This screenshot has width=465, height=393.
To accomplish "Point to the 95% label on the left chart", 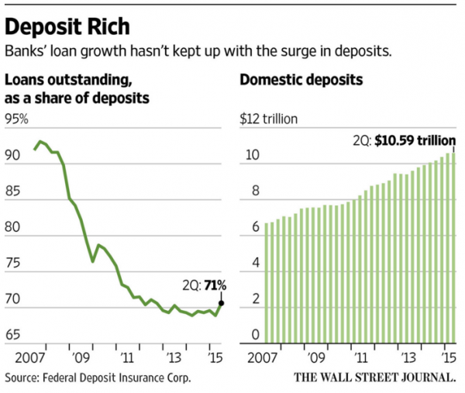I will pyautogui.click(x=16, y=119).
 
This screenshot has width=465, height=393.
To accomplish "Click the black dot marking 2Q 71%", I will pyautogui.click(x=222, y=303).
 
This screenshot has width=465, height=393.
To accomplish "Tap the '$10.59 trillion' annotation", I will pyautogui.click(x=415, y=140).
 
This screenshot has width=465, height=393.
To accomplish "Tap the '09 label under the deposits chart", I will pyautogui.click(x=315, y=359).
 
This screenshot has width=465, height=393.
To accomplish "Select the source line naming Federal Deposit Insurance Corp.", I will pyautogui.click(x=98, y=377).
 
